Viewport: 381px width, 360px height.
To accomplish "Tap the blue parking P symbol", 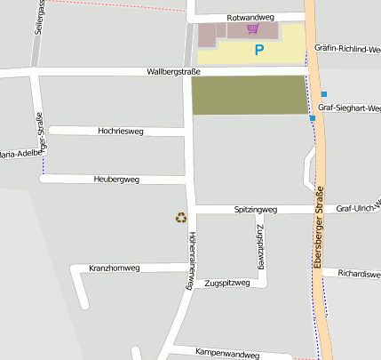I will [x=259, y=51].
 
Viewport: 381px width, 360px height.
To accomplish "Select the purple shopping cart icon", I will [x=253, y=28].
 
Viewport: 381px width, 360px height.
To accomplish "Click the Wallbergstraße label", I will [x=175, y=72].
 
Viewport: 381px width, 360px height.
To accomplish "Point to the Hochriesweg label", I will [x=120, y=131].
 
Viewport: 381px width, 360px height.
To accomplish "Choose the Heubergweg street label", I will [x=116, y=180].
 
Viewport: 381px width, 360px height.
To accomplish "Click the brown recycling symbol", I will [x=181, y=217].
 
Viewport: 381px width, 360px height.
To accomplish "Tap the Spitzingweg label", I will [x=256, y=210].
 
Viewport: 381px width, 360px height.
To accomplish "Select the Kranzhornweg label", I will [x=115, y=268].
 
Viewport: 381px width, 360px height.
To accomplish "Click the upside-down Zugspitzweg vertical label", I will [x=262, y=246].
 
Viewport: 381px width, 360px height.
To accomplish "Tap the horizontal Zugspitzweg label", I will [x=222, y=284].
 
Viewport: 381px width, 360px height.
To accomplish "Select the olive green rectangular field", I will [x=250, y=94].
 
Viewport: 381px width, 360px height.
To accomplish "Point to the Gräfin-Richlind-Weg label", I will [x=348, y=50].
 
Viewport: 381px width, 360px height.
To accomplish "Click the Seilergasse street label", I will [x=40, y=17].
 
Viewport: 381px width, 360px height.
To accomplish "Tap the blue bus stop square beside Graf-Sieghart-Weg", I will [x=324, y=94].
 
